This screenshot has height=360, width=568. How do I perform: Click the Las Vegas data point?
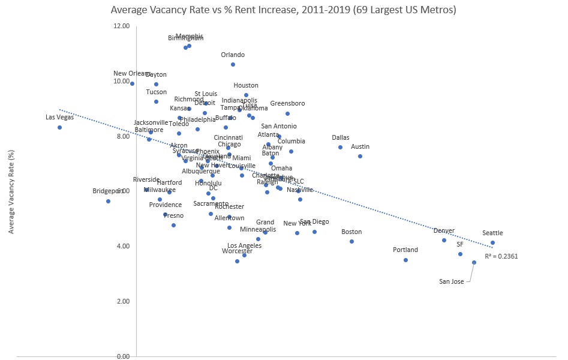[59, 127]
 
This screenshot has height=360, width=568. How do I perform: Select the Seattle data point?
[492, 243]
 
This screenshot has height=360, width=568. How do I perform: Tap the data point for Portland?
[405, 260]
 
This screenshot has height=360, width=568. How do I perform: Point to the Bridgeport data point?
[108, 201]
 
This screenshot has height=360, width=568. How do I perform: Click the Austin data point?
[360, 156]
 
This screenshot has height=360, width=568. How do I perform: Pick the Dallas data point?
[340, 147]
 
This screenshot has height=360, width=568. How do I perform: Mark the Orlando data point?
[233, 64]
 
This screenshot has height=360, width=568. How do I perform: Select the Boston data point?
[351, 241]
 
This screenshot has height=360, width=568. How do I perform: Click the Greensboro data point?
[287, 113]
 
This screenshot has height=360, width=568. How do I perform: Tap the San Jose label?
[451, 281]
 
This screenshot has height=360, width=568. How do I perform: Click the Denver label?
[444, 230]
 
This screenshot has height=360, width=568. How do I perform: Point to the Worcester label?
[237, 251]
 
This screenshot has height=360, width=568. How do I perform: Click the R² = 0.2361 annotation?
[501, 256]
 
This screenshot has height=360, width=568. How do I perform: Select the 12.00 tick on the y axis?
[121, 26]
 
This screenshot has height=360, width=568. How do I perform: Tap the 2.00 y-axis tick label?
[122, 301]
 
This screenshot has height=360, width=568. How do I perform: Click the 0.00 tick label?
[122, 356]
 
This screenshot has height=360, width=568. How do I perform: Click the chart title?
[284, 10]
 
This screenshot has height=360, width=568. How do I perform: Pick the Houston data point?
[246, 95]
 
